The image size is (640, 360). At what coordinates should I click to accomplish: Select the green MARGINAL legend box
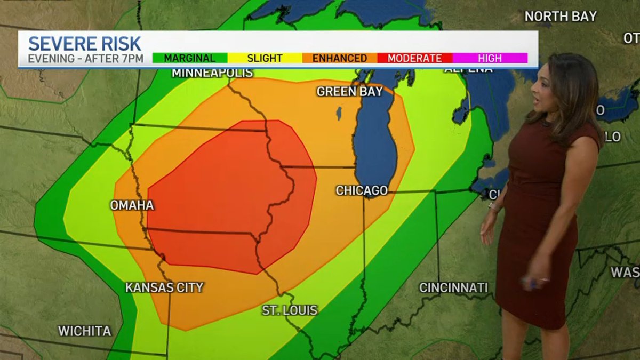coord(190,58)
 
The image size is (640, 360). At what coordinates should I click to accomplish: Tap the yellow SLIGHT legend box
coord(265,58)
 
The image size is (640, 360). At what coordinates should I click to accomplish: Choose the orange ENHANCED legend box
coord(340,58)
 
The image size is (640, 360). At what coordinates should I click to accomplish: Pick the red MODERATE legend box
coord(414,58)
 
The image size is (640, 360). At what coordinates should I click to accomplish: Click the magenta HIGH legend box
coord(490,58)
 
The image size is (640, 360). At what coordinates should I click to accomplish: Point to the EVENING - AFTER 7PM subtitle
coord(85,59)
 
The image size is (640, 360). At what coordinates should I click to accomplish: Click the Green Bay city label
coord(349,91)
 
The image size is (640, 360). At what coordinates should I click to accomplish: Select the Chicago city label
coord(362,190)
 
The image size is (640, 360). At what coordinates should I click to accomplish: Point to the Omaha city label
coord(132,205)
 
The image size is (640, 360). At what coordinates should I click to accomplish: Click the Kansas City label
coord(164,287)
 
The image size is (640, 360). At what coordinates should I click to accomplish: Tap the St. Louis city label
coord(290,310)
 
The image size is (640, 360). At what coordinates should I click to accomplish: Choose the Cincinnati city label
coord(453,287)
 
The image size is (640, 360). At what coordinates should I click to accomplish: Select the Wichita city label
coord(84,331)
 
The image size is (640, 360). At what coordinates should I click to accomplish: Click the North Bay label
coord(560,17)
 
